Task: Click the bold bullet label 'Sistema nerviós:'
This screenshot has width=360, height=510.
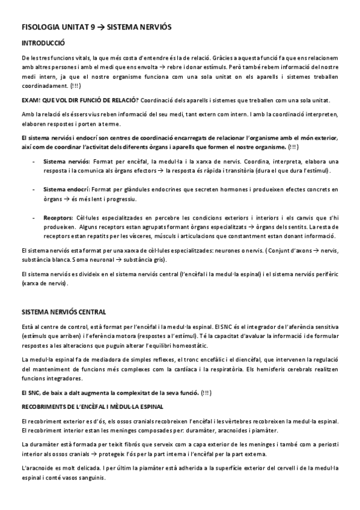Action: pyautogui.click(x=66, y=162)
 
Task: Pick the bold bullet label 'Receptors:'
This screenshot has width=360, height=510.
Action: pyautogui.click(x=58, y=217)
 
